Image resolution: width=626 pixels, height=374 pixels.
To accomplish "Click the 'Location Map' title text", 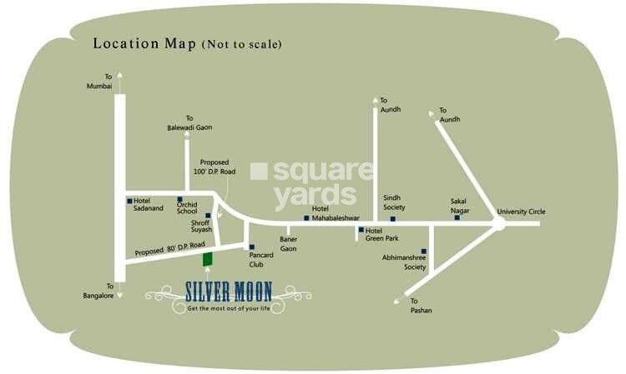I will (144, 42).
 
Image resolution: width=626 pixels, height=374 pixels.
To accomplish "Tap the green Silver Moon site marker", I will (207, 259).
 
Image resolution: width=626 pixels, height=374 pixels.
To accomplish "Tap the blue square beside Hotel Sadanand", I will (129, 201).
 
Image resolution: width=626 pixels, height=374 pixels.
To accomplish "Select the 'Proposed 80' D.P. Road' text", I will (169, 247).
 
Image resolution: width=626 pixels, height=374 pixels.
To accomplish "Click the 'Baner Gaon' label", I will (289, 244).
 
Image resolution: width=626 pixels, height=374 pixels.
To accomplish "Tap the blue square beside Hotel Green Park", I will (361, 230).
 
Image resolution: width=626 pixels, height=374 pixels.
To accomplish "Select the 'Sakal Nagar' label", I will (460, 207).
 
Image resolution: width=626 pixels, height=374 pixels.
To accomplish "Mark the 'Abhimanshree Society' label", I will (403, 262).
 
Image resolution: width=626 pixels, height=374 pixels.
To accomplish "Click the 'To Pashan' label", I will (421, 306).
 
